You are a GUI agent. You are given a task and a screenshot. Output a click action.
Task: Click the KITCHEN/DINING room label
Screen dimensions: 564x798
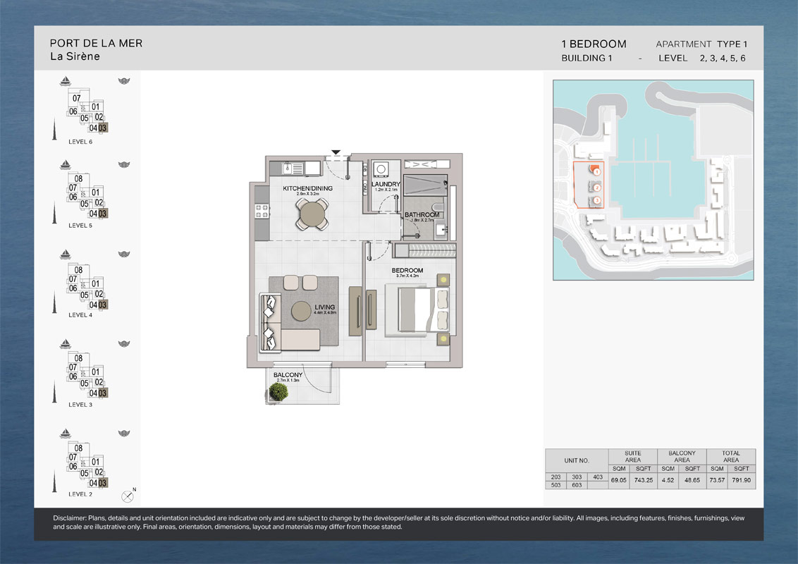click(x=307, y=188)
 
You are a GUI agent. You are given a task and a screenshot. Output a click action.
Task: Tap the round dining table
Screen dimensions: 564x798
click(x=312, y=213)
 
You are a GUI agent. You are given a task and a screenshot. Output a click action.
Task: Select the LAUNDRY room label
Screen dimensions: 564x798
click(x=386, y=185)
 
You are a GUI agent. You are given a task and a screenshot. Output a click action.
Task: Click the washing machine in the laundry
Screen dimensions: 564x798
click(x=381, y=168)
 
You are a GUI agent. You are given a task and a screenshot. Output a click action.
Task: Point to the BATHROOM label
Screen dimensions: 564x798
click(x=422, y=214)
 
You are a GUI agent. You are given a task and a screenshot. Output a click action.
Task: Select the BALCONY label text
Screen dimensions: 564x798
click(x=288, y=375)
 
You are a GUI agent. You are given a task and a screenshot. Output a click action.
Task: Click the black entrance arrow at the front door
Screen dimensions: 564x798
click(x=336, y=152)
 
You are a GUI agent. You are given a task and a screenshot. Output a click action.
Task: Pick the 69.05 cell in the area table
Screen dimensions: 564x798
click(x=618, y=480)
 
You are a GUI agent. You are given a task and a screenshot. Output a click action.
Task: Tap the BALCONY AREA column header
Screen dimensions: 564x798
click(x=682, y=457)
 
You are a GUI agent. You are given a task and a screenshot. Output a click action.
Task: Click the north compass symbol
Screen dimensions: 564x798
click(x=128, y=496)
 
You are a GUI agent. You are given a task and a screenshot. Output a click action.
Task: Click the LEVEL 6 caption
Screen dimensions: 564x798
click(x=80, y=142)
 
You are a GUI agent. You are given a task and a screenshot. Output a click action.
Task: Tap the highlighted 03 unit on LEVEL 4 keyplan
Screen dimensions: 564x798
click(x=103, y=305)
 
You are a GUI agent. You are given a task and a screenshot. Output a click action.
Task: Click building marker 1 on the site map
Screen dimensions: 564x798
click(x=596, y=171)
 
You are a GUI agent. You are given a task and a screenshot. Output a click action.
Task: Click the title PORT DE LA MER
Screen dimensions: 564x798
click(x=96, y=43)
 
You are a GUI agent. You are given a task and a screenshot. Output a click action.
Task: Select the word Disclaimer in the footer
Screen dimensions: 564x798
click(x=70, y=518)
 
